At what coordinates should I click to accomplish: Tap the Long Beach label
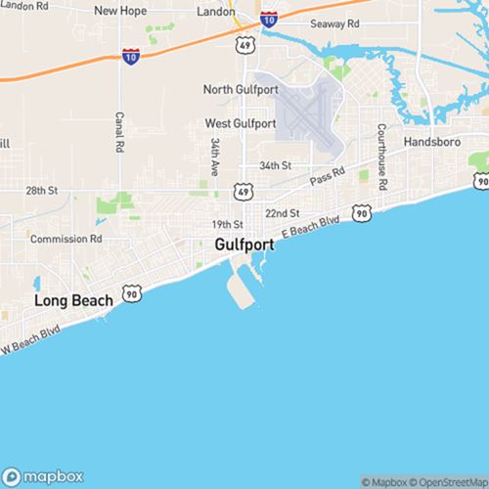[69, 299]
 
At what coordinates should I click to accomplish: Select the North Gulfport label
[240, 89]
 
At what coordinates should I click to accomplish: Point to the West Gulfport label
[240, 123]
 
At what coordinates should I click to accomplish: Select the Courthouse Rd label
[382, 156]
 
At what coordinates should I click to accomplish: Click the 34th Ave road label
[213, 156]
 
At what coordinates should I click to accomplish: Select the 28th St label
[43, 190]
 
